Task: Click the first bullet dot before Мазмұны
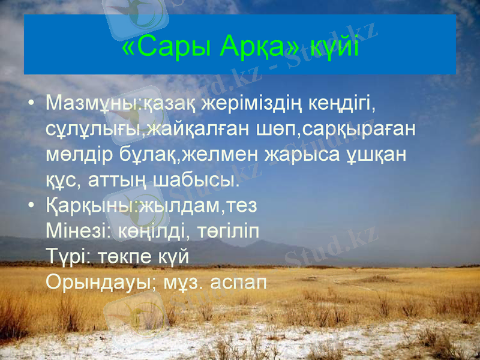pos(31,106)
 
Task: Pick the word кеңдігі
pos(343,104)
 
